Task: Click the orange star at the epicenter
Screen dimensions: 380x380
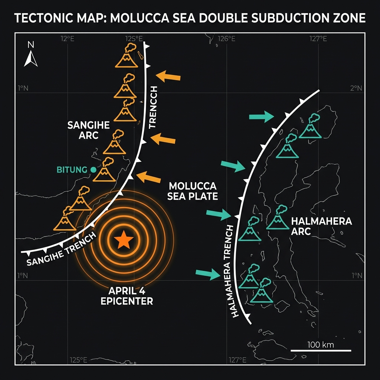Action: pyautogui.click(x=124, y=240)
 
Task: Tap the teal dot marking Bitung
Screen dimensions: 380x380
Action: pyautogui.click(x=93, y=170)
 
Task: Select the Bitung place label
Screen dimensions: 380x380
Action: pyautogui.click(x=71, y=170)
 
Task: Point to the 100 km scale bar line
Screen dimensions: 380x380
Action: pyautogui.click(x=321, y=350)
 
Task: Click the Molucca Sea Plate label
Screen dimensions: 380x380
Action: pyautogui.click(x=192, y=191)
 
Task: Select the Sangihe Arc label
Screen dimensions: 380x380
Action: pyautogui.click(x=88, y=130)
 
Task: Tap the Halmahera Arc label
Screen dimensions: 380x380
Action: pyautogui.click(x=321, y=226)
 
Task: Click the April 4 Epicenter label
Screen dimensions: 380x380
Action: pyautogui.click(x=127, y=296)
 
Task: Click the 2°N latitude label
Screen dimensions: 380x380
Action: pyautogui.click(x=356, y=88)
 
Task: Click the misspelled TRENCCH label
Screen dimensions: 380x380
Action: pyautogui.click(x=153, y=107)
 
